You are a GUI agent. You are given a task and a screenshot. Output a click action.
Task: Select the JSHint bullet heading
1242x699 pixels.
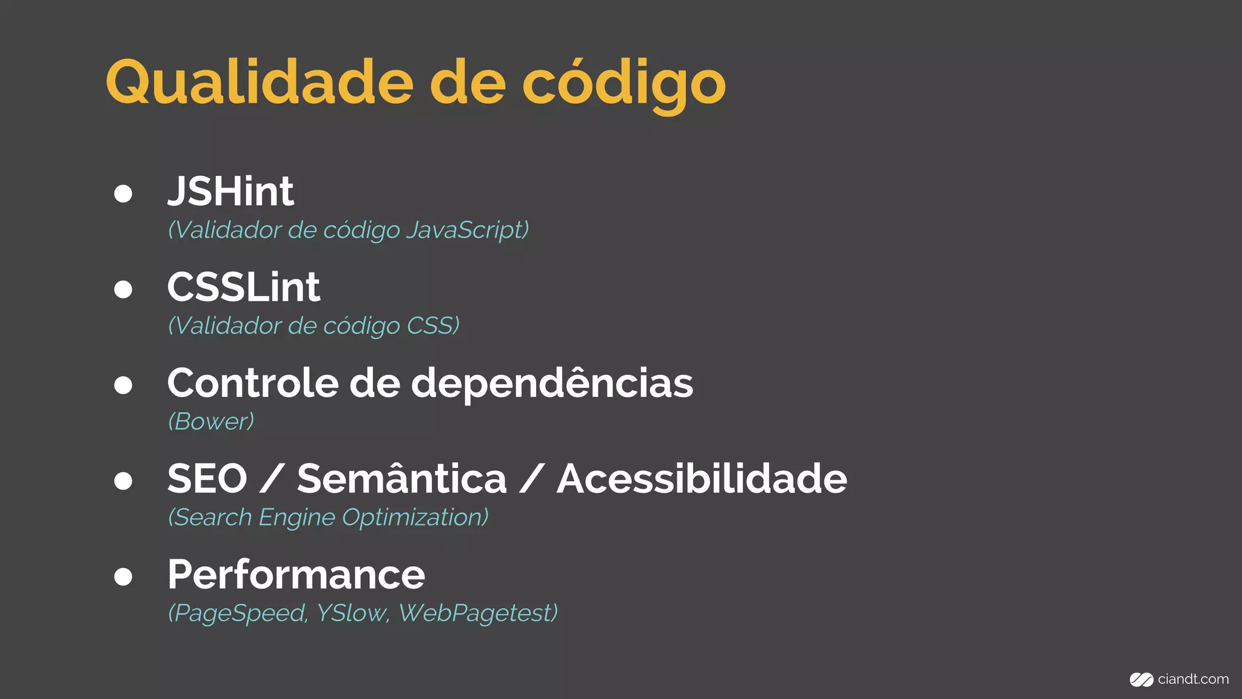(230, 192)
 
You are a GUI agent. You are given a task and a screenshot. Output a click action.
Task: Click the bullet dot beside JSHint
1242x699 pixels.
(123, 194)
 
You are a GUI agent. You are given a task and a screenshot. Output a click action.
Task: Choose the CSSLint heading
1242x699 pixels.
(243, 287)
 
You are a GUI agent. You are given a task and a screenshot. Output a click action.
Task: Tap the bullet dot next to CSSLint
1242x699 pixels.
(123, 289)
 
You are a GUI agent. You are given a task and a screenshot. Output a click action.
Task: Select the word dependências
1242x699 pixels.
(552, 383)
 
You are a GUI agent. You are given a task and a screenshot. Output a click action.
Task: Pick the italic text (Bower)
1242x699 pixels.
(211, 422)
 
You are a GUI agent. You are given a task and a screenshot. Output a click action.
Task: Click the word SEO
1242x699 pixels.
(207, 479)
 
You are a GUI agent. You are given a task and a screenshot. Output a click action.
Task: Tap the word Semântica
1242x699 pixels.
(401, 479)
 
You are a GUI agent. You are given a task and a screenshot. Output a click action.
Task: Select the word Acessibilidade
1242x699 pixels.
(702, 479)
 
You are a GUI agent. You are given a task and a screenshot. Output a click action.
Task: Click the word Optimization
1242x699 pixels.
(415, 518)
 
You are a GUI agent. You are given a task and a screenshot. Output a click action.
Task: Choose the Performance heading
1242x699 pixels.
(297, 575)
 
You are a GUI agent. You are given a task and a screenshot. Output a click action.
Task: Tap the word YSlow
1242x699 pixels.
(351, 613)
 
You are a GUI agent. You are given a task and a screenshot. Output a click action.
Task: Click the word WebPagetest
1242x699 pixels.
(478, 613)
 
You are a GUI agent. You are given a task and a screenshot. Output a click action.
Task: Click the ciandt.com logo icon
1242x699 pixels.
(1141, 680)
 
